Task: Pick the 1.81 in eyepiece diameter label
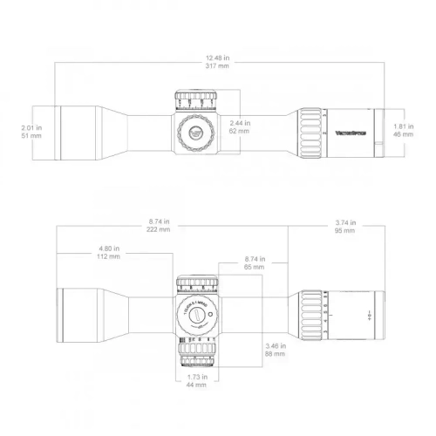pyautogui.click(x=403, y=125)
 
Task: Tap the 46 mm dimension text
pyautogui.click(x=403, y=134)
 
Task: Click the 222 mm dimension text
pyautogui.click(x=159, y=231)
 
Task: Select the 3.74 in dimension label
pyautogui.click(x=344, y=221)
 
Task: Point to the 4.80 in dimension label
pyautogui.click(x=109, y=249)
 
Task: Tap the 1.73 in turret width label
pyautogui.click(x=195, y=376)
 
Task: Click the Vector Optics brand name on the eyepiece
pyautogui.click(x=350, y=132)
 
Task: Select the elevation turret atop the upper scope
pyautogui.click(x=195, y=99)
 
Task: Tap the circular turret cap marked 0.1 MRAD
pyautogui.click(x=196, y=312)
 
